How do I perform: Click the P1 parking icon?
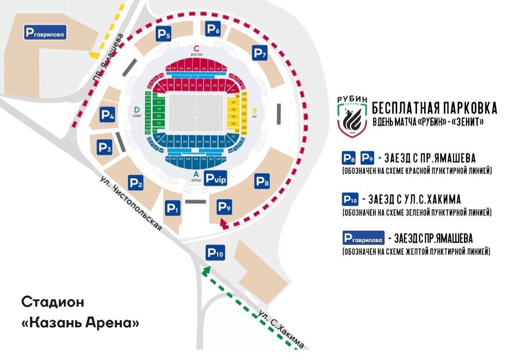173,209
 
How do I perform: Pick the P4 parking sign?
108,115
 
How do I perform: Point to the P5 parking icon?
164,35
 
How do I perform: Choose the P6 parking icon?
213,29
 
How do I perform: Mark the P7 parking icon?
260,53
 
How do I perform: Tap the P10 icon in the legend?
350,199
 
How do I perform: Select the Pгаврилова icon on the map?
46,33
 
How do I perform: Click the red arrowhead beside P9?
223,224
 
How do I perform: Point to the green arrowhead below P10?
207,269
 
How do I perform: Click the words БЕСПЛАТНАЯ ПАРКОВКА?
434,108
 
